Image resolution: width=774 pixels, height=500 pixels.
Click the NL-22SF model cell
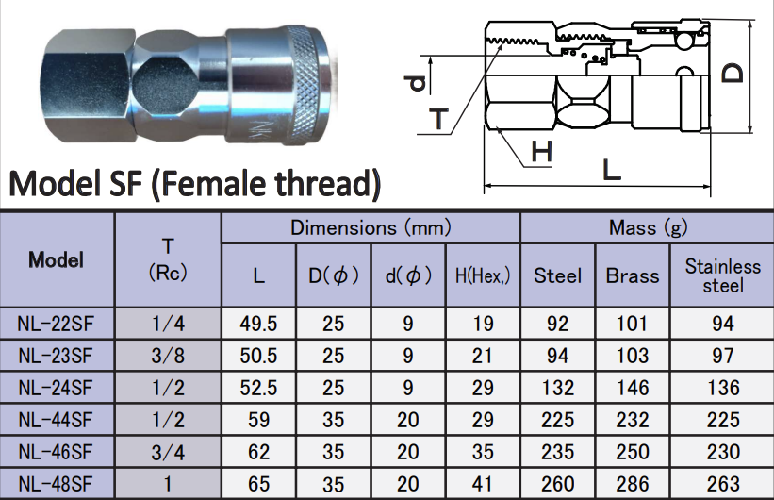[56, 324]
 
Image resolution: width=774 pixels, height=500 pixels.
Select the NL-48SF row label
[56, 484]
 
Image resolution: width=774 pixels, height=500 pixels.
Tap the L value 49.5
[258, 324]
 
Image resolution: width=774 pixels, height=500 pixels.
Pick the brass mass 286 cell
[632, 484]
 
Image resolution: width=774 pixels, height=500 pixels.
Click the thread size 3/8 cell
[168, 356]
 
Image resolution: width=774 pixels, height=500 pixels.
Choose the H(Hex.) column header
[483, 275]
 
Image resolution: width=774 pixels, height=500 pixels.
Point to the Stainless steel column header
[723, 275]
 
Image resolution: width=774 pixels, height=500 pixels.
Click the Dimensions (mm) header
[371, 227]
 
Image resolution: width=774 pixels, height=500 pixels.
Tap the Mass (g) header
[648, 227]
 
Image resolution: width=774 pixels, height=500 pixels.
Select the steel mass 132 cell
[557, 388]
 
